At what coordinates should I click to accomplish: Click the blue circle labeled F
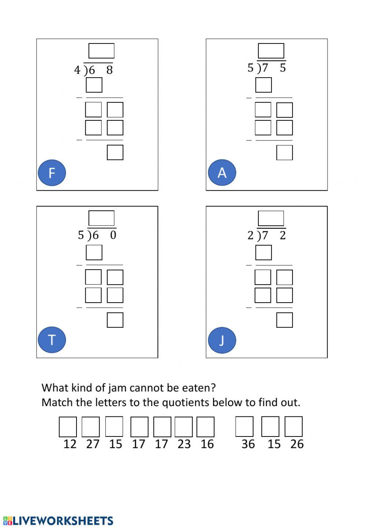(52, 173)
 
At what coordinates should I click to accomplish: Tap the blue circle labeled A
(222, 173)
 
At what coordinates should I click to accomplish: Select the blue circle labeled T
(52, 340)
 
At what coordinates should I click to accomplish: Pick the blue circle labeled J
(222, 340)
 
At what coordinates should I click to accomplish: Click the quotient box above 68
(101, 51)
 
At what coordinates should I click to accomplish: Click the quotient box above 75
(271, 51)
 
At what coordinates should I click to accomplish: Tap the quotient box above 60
(101, 218)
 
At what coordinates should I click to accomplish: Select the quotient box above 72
(271, 218)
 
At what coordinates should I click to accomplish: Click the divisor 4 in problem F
(77, 70)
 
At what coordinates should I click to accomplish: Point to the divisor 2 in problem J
(250, 236)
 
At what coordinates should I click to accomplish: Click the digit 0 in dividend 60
(113, 235)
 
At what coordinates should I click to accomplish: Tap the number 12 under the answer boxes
(70, 444)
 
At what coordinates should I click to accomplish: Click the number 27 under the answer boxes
(93, 444)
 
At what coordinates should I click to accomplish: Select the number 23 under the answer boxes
(184, 444)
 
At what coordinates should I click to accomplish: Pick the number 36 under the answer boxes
(248, 444)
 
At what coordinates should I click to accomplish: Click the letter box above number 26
(294, 427)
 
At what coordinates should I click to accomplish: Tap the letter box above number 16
(205, 427)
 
